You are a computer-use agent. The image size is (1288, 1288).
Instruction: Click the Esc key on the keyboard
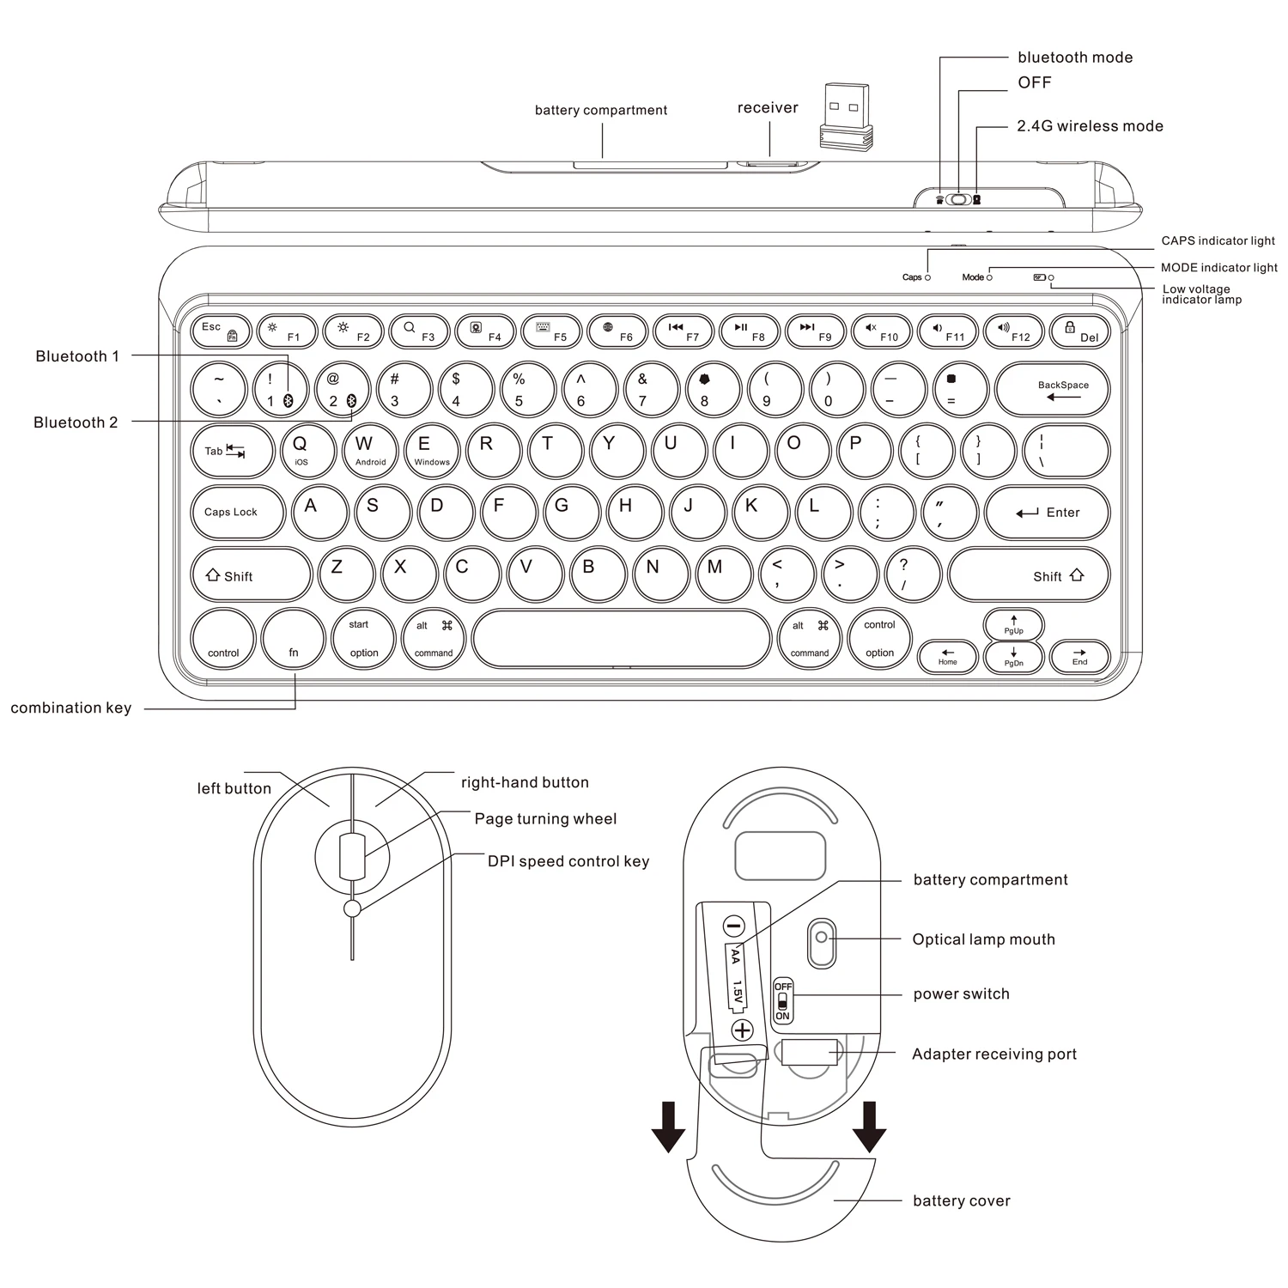[221, 331]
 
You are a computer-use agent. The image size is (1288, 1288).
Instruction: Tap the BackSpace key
[1052, 390]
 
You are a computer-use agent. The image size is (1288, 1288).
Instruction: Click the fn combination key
[293, 640]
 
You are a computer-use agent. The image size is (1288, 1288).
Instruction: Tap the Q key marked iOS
[301, 451]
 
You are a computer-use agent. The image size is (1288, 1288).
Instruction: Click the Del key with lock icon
[1079, 331]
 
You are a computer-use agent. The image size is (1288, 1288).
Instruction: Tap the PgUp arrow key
[1013, 624]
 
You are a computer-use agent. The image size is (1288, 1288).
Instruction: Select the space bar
[621, 639]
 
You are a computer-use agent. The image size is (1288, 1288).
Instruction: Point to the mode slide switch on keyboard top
[958, 200]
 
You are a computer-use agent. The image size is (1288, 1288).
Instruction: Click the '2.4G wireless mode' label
[1090, 126]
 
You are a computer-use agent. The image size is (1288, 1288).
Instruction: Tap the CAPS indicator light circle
[927, 277]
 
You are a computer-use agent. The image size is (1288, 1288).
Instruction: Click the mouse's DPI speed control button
[351, 909]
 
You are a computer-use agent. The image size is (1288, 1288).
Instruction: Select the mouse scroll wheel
[352, 856]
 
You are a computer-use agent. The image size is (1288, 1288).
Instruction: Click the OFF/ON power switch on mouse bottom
[782, 1000]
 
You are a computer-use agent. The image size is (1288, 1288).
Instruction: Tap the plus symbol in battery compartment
[742, 1030]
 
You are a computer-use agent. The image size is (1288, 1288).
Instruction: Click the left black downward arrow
[668, 1127]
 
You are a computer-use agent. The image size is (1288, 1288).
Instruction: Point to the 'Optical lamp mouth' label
[983, 939]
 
